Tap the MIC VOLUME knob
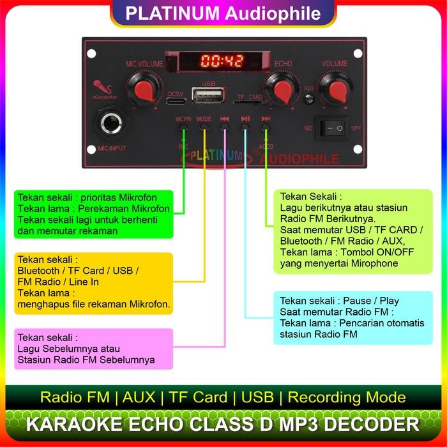[144, 87]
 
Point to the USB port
[208, 96]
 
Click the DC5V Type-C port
[176, 100]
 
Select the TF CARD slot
[250, 103]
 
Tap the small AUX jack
[310, 99]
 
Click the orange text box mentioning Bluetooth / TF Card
[93, 283]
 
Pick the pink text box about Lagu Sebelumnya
[93, 348]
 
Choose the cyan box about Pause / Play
[352, 317]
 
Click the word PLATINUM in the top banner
[169, 13]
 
